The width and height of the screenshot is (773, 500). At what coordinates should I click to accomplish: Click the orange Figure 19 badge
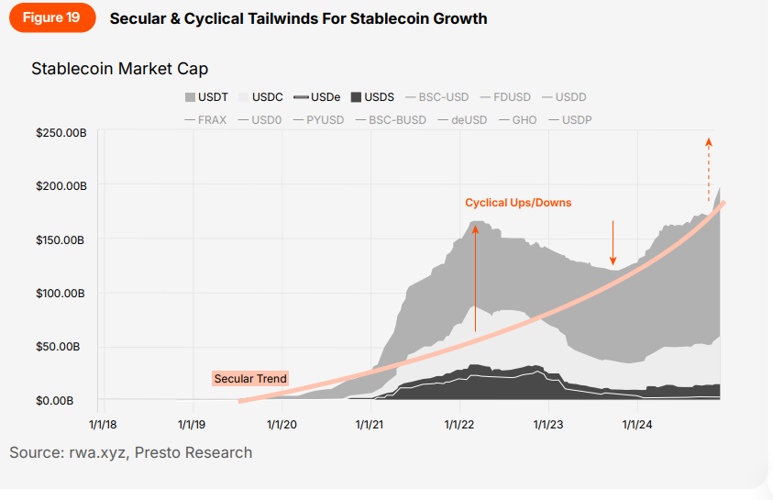pyautogui.click(x=52, y=18)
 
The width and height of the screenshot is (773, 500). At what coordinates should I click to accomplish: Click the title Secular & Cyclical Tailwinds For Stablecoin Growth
pyautogui.click(x=298, y=18)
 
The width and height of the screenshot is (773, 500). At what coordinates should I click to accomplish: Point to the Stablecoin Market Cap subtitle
pyautogui.click(x=119, y=69)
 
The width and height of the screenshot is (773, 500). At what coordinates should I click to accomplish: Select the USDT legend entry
pyautogui.click(x=207, y=97)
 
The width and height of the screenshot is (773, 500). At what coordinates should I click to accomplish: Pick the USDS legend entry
pyautogui.click(x=372, y=97)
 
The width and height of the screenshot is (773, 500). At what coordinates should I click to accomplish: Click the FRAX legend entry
pyautogui.click(x=208, y=120)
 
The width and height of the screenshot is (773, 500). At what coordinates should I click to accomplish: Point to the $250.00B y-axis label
pyautogui.click(x=61, y=134)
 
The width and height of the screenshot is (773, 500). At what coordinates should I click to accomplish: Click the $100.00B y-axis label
pyautogui.click(x=61, y=294)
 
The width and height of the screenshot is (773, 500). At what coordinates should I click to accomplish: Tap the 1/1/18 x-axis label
pyautogui.click(x=103, y=425)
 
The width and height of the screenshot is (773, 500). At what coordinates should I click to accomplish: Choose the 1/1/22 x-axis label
pyautogui.click(x=458, y=425)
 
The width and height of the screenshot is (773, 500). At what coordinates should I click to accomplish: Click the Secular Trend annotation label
pyautogui.click(x=250, y=378)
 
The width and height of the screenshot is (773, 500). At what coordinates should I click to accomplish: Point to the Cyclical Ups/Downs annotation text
pyautogui.click(x=518, y=203)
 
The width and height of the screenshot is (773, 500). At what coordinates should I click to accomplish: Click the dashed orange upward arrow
pyautogui.click(x=708, y=170)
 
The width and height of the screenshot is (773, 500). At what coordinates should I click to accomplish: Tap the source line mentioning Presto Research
pyautogui.click(x=131, y=452)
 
